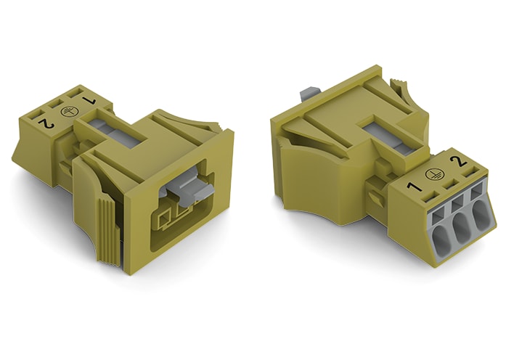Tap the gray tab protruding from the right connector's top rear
tap(307, 93)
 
